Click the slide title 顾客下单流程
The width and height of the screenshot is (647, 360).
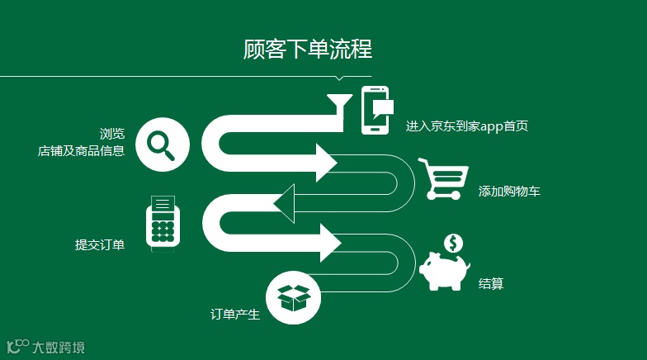[308, 50]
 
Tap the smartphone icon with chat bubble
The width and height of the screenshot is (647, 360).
[376, 110]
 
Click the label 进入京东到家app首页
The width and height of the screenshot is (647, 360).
[466, 126]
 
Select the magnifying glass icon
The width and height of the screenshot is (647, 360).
[162, 144]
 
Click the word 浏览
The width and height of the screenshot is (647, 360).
[112, 134]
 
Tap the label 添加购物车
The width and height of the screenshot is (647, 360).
[509, 192]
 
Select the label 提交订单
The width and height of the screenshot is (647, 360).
[100, 244]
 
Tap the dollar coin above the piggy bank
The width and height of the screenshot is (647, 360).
[453, 243]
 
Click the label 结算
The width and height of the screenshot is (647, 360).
[491, 284]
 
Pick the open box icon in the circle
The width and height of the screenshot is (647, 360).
[294, 297]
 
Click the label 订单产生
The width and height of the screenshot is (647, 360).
[235, 314]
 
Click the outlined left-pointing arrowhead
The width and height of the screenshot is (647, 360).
[286, 203]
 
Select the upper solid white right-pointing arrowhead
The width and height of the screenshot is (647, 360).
[324, 161]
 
